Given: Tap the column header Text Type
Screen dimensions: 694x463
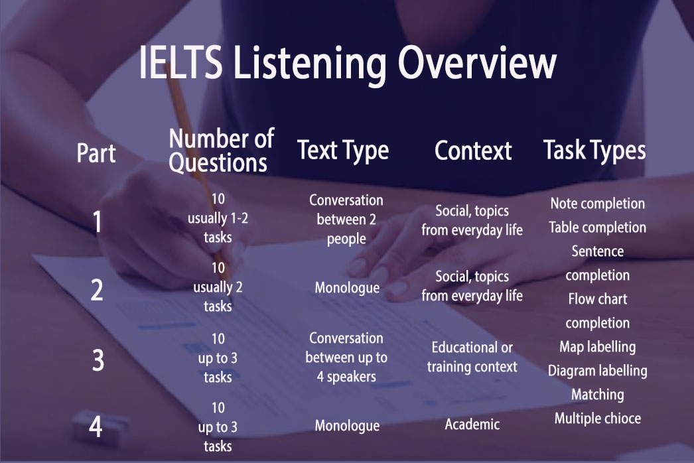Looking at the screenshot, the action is point(343,151).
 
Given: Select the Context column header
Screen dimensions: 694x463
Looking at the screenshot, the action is point(473,151).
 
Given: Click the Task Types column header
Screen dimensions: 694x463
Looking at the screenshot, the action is point(594,151).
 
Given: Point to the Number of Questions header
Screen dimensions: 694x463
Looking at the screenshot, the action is point(222,151).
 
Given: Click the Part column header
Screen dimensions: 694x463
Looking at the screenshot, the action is point(96,153).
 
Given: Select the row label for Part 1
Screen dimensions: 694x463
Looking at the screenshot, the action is point(97,222).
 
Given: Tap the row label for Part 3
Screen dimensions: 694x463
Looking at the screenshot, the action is point(98,360).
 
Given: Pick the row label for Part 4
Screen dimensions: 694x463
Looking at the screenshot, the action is point(96,427).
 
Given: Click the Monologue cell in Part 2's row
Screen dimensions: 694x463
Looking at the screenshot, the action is point(347,288).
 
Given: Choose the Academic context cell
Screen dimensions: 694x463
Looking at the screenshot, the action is point(472,425).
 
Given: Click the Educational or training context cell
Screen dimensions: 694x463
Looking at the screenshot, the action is point(472,357).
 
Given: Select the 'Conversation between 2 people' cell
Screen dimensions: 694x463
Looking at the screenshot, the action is point(346,220).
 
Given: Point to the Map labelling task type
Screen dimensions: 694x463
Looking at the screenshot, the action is point(598,347).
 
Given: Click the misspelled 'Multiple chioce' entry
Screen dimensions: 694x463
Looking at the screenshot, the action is point(598,419).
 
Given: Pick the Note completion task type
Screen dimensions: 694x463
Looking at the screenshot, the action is point(598,204).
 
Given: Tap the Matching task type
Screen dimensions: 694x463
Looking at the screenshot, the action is point(598,395).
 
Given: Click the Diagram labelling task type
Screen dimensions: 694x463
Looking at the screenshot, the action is point(598,371).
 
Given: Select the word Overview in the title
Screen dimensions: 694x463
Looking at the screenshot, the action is point(476,63).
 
